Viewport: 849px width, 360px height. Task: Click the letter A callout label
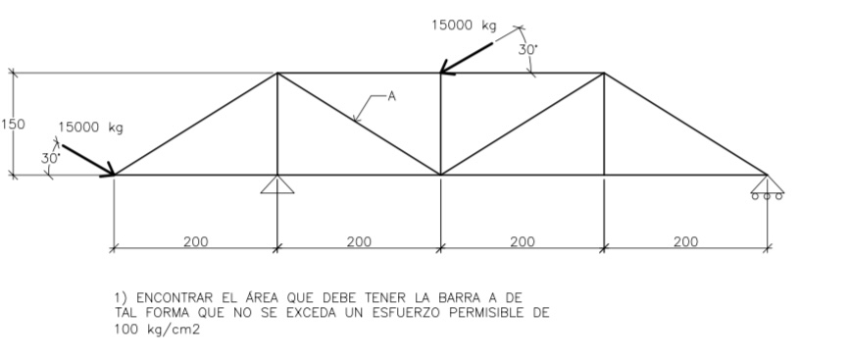click(391, 96)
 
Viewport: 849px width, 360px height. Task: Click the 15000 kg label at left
click(91, 128)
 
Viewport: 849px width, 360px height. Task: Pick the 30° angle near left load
click(50, 157)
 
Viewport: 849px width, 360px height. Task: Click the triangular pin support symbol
click(277, 184)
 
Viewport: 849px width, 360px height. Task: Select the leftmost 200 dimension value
click(196, 241)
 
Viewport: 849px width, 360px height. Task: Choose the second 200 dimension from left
click(359, 241)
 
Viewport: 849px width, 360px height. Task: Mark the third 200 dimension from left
click(523, 241)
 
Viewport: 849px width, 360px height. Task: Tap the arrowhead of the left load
click(110, 173)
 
